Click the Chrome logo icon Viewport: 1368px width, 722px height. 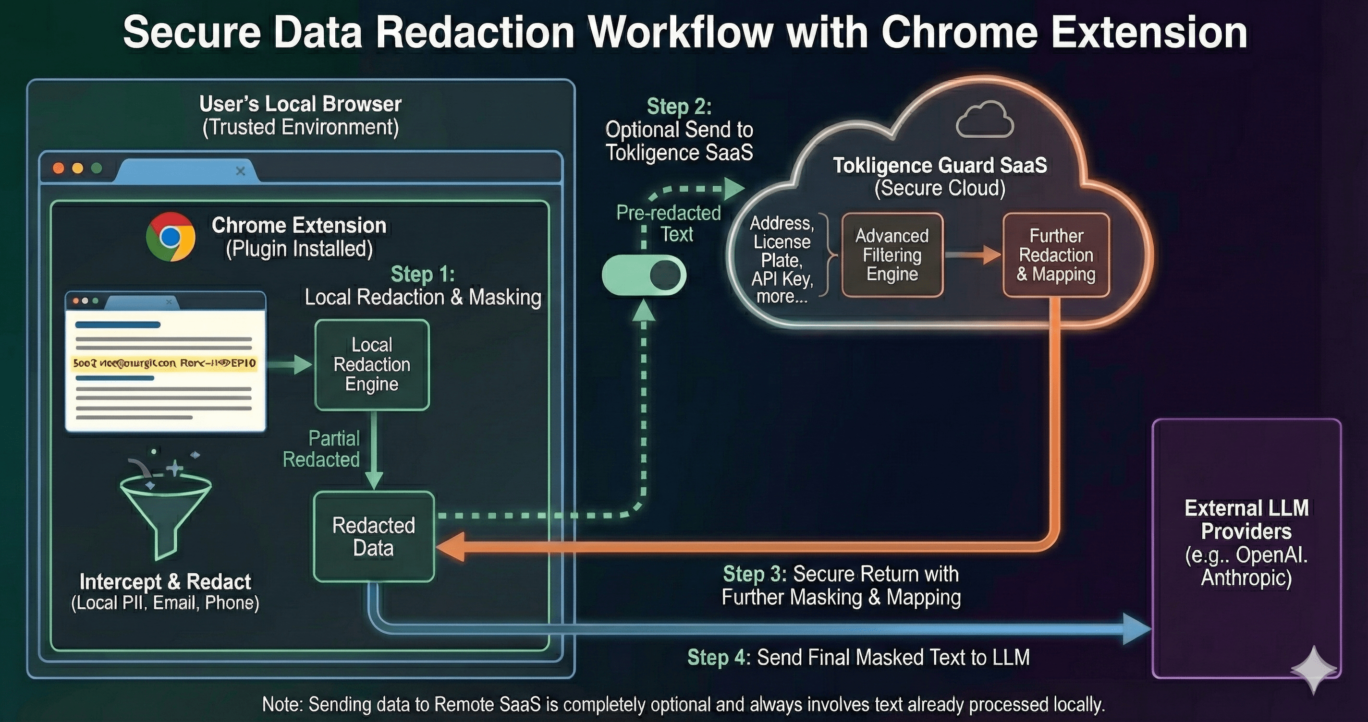click(171, 237)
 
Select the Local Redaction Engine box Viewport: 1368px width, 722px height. click(372, 365)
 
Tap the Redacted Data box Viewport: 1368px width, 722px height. click(373, 537)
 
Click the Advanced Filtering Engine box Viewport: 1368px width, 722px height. click(892, 255)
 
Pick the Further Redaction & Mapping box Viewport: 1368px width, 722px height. click(1056, 255)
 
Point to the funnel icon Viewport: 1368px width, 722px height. click(166, 510)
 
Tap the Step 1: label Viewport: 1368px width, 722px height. click(423, 275)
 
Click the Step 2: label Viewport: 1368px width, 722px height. click(679, 107)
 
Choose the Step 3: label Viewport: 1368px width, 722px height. click(755, 574)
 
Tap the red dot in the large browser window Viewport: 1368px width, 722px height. click(59, 168)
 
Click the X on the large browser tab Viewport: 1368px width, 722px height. click(240, 171)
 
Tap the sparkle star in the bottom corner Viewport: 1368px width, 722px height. click(1313, 670)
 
